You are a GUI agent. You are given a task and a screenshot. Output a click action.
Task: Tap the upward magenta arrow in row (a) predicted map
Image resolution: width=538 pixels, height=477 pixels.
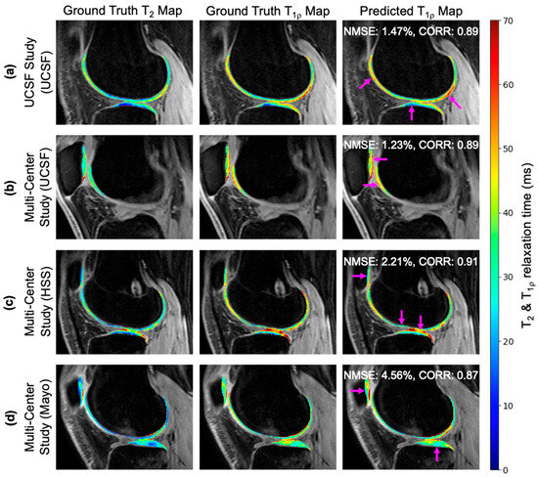coord(412,114)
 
